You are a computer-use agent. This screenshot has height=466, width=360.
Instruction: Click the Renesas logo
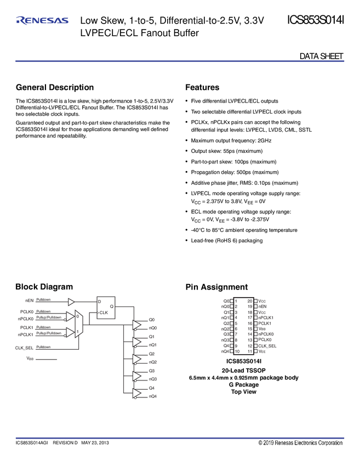point(42,21)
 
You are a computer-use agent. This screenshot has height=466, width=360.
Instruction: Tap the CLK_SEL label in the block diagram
point(25,348)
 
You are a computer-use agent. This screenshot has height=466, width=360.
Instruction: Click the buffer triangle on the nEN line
point(71,302)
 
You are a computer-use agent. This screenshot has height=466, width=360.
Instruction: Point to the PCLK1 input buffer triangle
point(70,331)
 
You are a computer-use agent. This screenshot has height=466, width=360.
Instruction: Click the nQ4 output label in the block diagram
point(153,396)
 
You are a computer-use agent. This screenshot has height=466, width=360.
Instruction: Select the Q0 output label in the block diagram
point(152,319)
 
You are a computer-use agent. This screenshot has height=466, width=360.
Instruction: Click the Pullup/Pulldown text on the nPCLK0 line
point(48,318)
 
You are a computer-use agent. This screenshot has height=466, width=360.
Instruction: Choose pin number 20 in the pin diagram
point(250,300)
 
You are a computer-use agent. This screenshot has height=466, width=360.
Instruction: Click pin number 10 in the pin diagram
point(237,351)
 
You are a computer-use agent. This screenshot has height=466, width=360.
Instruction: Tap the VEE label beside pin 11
point(262,351)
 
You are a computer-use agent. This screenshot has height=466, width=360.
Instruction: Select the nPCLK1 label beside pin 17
point(266,317)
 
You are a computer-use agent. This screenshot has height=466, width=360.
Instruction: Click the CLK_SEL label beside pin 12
point(267,345)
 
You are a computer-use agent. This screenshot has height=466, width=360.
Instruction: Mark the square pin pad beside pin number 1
point(232,300)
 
